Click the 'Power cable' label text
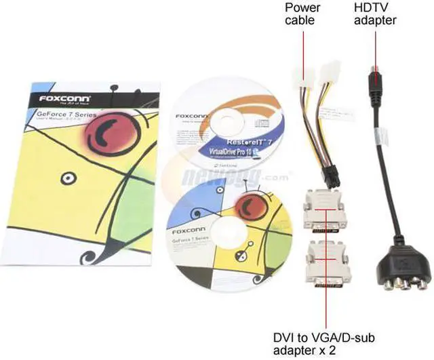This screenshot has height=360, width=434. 302,14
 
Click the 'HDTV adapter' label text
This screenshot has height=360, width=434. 373,14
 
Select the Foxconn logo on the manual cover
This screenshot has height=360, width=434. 64,99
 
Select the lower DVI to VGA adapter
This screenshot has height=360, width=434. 325,262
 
